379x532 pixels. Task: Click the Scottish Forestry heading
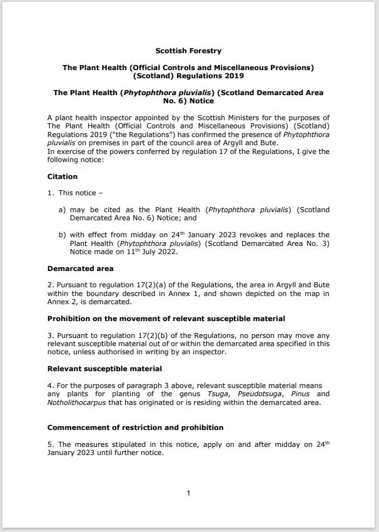(x=188, y=51)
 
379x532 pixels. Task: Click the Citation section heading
(x=63, y=176)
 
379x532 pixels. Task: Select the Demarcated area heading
(x=81, y=269)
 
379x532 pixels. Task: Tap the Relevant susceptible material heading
(x=104, y=369)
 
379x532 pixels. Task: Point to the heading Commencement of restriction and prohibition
(x=134, y=427)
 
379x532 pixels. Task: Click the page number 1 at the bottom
(x=188, y=494)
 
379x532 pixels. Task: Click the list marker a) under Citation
(x=63, y=210)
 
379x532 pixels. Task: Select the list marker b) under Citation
(x=63, y=235)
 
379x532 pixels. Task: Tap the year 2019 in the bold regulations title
(x=233, y=75)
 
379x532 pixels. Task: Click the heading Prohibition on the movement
(x=166, y=319)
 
